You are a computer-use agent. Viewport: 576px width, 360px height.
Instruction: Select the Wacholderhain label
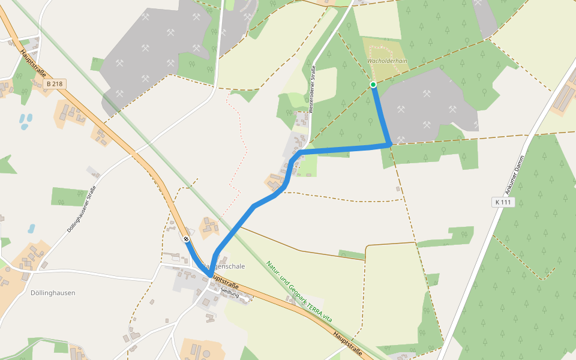(x=387, y=61)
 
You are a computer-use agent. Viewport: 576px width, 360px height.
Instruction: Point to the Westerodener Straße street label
(x=313, y=88)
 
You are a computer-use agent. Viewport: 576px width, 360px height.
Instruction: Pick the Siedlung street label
(x=230, y=294)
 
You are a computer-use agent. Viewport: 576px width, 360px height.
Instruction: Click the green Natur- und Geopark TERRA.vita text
(x=299, y=292)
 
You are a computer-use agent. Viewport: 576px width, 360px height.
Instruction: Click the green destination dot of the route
(x=373, y=85)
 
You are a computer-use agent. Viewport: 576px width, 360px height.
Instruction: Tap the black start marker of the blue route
(x=187, y=239)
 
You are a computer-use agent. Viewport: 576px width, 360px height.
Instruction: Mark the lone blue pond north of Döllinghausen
(x=31, y=229)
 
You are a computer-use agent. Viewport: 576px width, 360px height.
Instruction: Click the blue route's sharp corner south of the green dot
(x=390, y=145)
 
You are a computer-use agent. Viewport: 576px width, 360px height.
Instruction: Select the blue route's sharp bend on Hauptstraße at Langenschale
(x=209, y=275)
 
